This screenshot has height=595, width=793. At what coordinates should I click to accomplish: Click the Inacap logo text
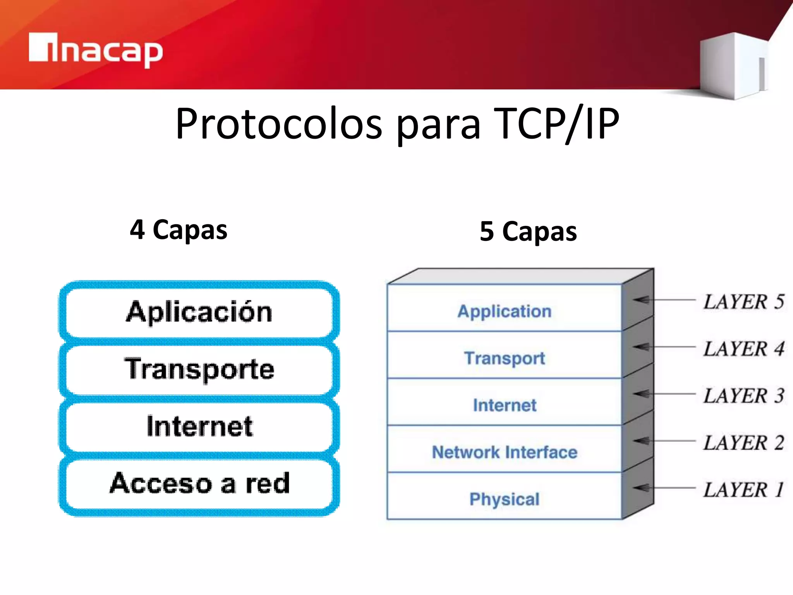(x=96, y=50)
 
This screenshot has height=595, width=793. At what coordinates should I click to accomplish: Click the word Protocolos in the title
(x=279, y=124)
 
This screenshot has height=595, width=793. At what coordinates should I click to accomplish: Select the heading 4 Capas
(x=179, y=230)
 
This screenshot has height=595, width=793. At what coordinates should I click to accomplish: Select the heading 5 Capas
(x=528, y=232)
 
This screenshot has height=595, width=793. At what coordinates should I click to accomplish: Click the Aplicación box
(x=199, y=312)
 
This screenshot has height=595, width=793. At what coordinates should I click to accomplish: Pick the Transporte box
(x=199, y=369)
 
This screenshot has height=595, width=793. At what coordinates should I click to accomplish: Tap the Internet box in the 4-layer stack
(x=199, y=426)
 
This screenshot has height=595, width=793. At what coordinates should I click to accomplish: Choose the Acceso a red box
(x=199, y=483)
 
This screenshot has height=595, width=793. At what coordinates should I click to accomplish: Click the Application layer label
(x=504, y=311)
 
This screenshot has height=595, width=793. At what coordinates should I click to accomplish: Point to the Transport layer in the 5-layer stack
(x=504, y=358)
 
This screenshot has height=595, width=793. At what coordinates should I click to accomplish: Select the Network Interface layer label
(x=504, y=452)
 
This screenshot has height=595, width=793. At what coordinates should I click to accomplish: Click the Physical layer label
(x=504, y=499)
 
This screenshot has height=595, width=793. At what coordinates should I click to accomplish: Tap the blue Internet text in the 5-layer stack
(x=504, y=406)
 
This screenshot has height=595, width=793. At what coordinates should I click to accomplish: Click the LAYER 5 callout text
(x=743, y=302)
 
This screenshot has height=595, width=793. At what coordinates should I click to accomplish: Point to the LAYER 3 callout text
(x=743, y=396)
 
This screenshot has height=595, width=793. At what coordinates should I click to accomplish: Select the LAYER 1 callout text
(x=743, y=490)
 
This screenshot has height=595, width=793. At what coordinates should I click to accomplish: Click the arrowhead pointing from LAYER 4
(x=641, y=347)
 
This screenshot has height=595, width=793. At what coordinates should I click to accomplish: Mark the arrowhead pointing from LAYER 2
(x=641, y=441)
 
